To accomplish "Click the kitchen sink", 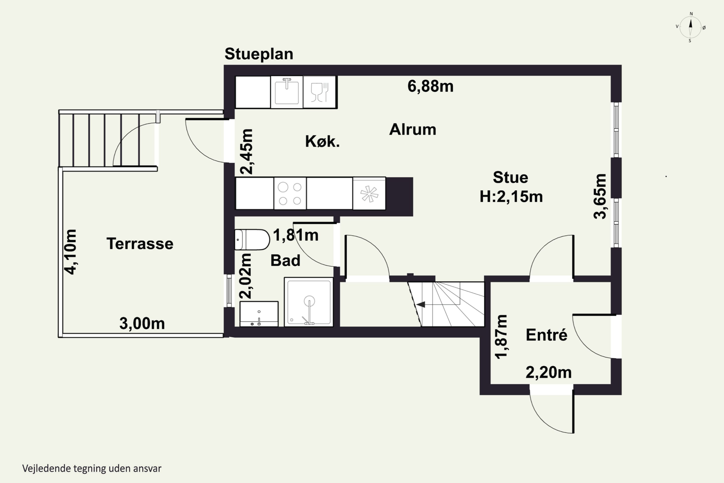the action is (287, 92).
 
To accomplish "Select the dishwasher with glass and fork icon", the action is (320, 92).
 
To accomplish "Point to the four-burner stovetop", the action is (290, 194).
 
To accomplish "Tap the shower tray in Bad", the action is (309, 302).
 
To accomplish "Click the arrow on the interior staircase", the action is (421, 304).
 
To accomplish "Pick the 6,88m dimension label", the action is (430, 86).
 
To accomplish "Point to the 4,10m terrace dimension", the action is (70, 252).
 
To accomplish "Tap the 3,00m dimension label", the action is (142, 323).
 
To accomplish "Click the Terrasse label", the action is (140, 244).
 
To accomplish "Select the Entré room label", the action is (546, 334).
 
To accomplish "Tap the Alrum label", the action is (412, 129).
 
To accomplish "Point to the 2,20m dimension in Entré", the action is (549, 372).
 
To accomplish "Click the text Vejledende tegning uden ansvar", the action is (92, 469).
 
